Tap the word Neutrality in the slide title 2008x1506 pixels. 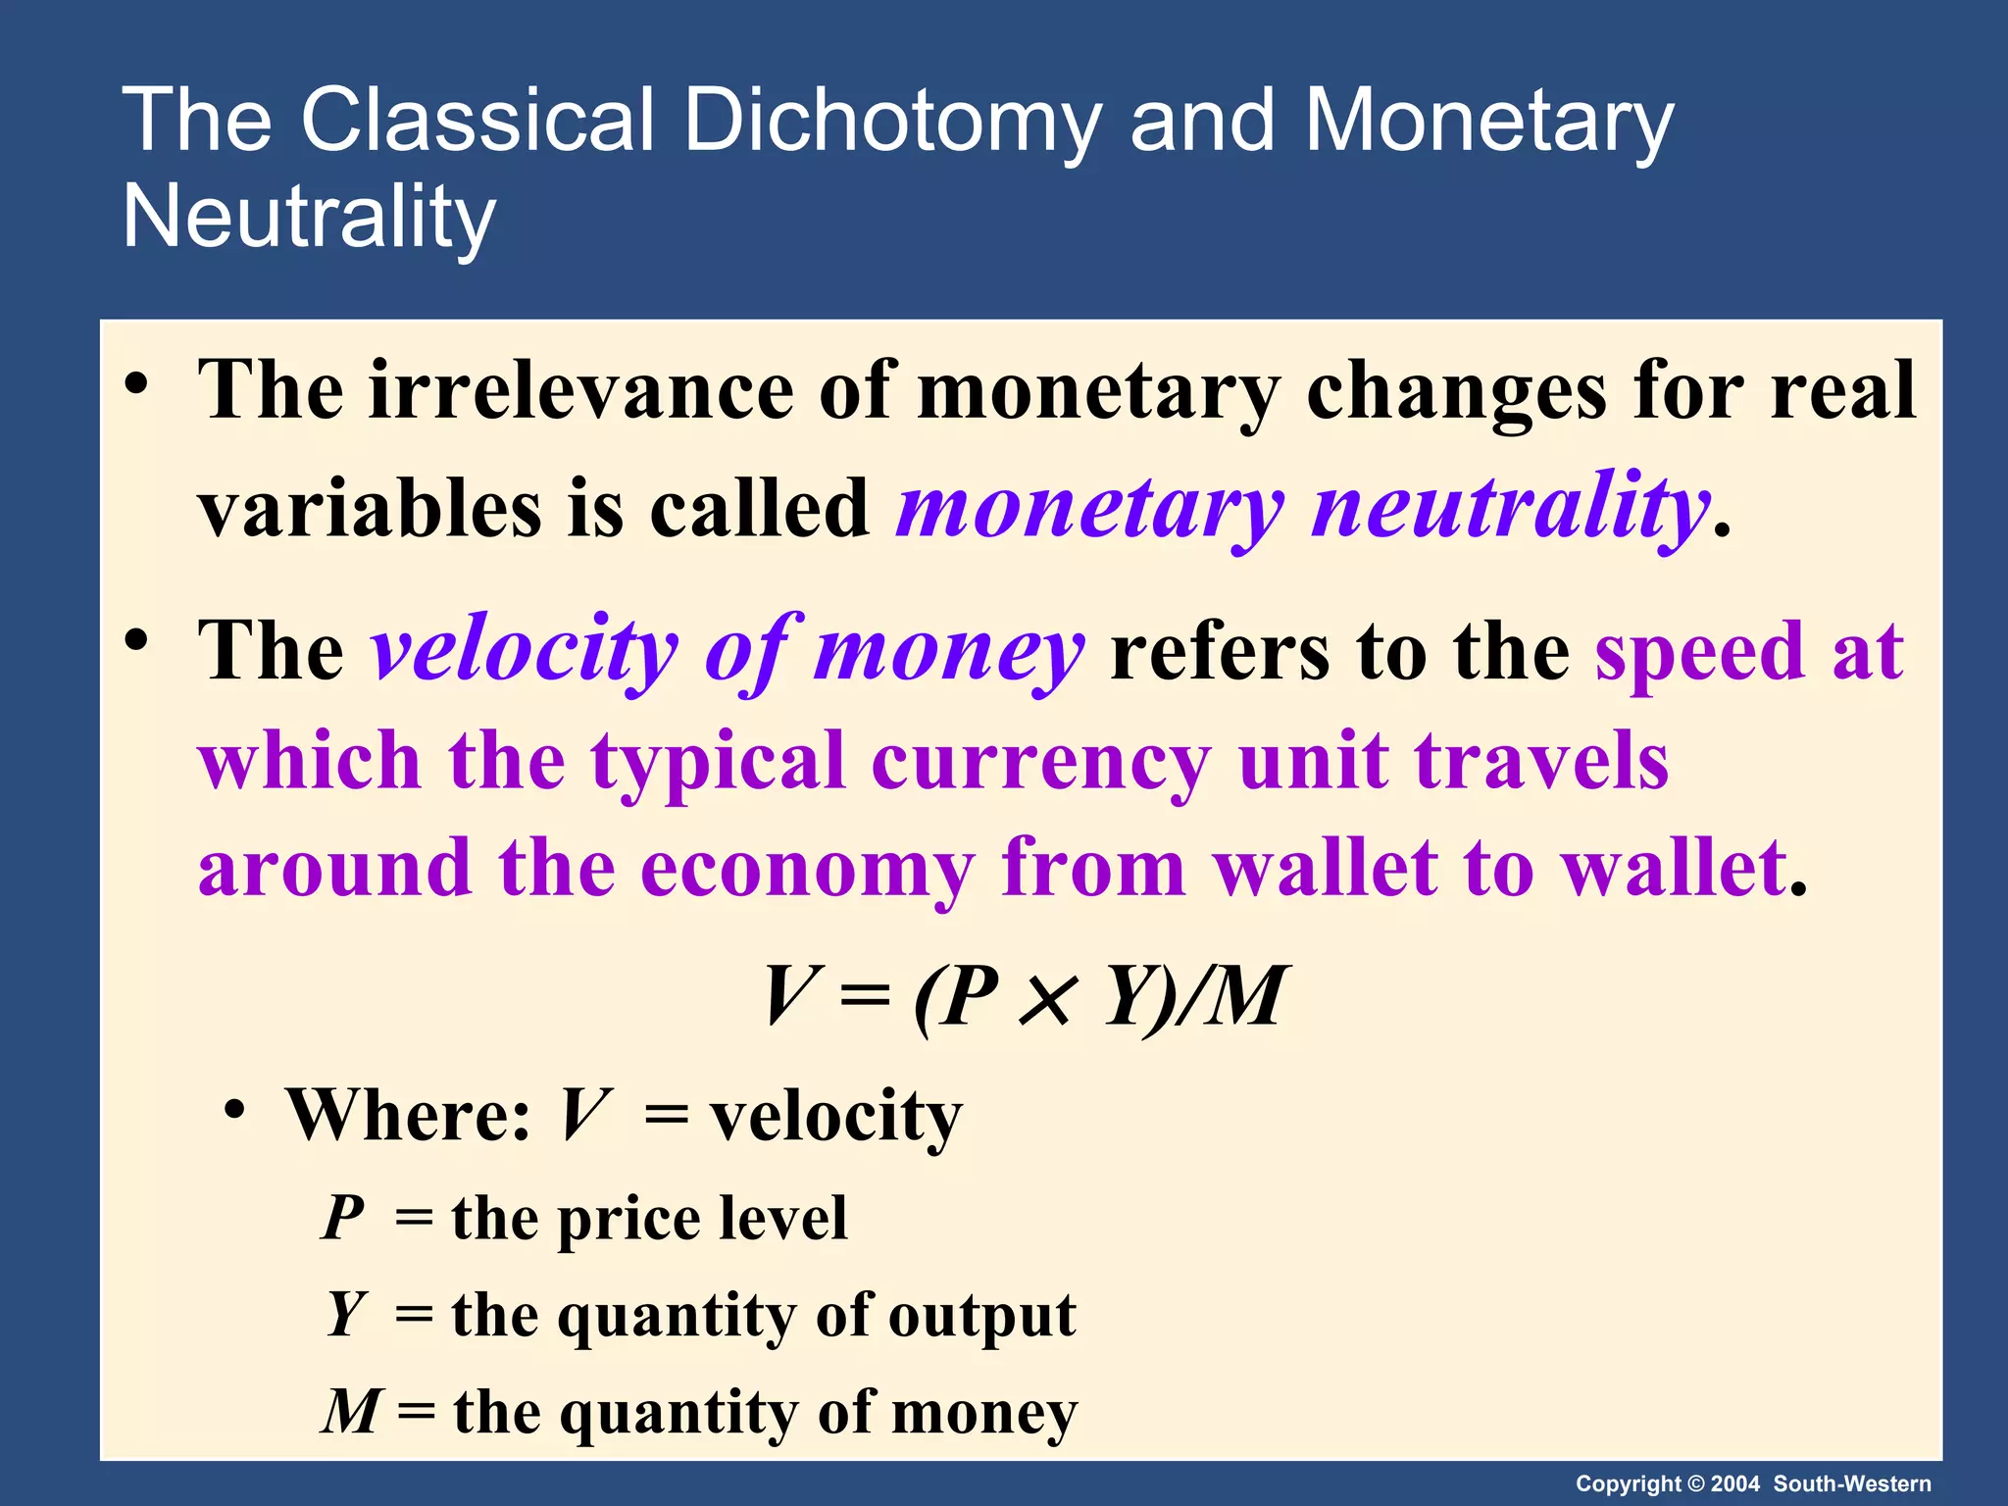(x=309, y=217)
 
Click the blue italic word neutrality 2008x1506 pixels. (x=1510, y=508)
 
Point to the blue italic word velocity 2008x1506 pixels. (x=525, y=651)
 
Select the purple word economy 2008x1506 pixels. (x=807, y=869)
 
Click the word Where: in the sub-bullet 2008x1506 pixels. (x=408, y=1116)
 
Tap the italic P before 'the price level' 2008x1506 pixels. (x=343, y=1218)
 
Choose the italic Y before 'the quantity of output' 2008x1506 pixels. (x=345, y=1314)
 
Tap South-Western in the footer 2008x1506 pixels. (x=1852, y=1483)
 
